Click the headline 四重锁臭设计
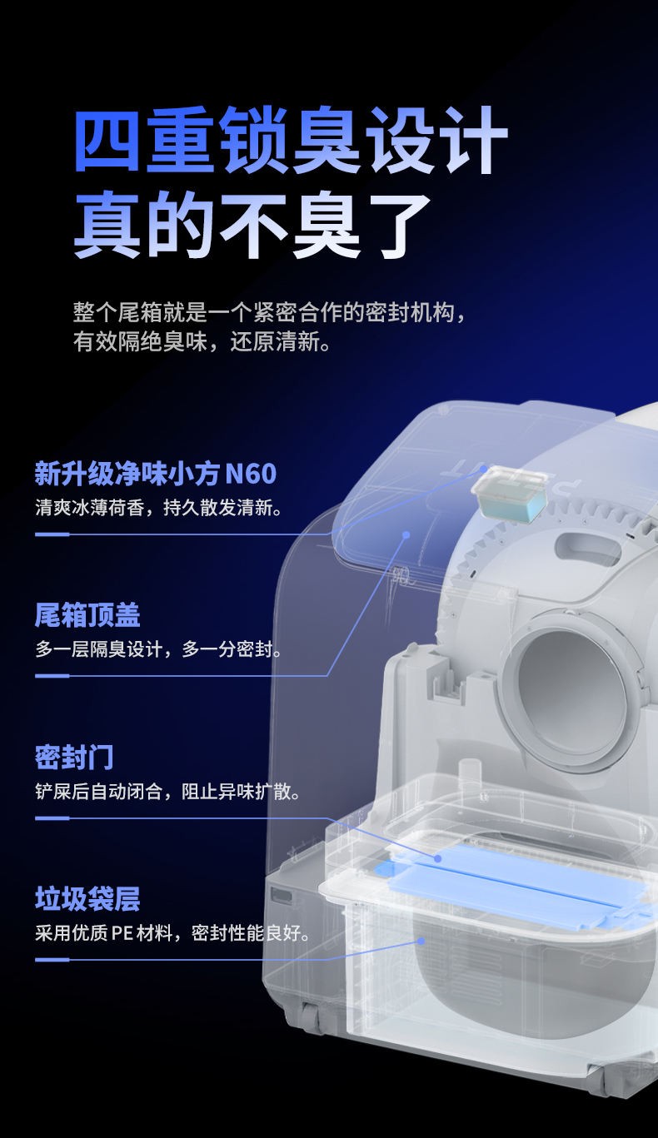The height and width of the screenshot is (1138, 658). coord(292,140)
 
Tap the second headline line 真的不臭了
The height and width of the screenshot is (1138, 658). coord(252,225)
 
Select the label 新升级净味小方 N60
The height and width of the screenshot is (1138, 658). coord(156,474)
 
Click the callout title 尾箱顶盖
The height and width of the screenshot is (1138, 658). coord(87,614)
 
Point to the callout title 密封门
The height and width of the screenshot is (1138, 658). coord(74,757)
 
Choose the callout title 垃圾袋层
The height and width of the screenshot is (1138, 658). coord(87,899)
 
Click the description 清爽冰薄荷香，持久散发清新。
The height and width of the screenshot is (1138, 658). coord(158,508)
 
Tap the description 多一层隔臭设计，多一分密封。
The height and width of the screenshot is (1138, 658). coord(158,649)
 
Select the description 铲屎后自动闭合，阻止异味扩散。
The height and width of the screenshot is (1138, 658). coord(167,792)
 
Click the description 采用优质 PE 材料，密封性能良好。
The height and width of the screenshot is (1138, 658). coord(172,933)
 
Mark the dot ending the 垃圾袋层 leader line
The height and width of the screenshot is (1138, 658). coord(421,942)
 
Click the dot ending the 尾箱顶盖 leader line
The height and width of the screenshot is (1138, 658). coord(406,534)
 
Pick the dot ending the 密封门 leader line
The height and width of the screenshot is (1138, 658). coord(437,858)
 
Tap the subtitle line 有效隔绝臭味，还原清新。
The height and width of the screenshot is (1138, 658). coord(202,341)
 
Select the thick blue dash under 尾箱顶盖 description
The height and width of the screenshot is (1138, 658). coord(52,676)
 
